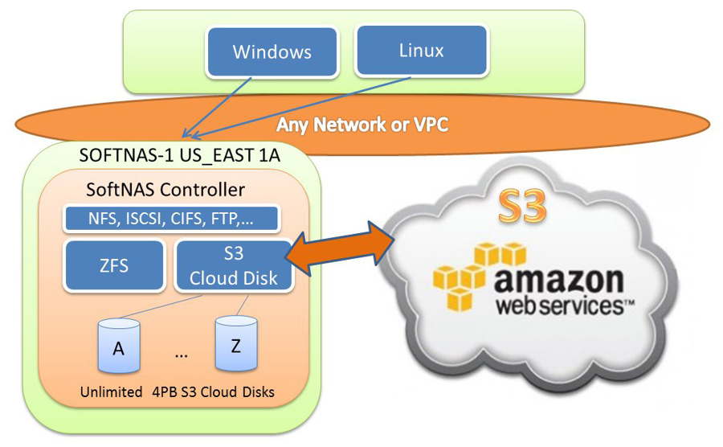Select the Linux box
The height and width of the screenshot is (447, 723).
click(421, 51)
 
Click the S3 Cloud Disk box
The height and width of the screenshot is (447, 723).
click(232, 266)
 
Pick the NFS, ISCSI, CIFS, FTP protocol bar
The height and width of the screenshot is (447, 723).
click(171, 218)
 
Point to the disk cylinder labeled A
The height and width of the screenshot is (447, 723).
click(118, 348)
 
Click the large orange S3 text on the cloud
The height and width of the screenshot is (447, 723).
click(521, 207)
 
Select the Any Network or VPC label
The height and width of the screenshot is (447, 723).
click(361, 125)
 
